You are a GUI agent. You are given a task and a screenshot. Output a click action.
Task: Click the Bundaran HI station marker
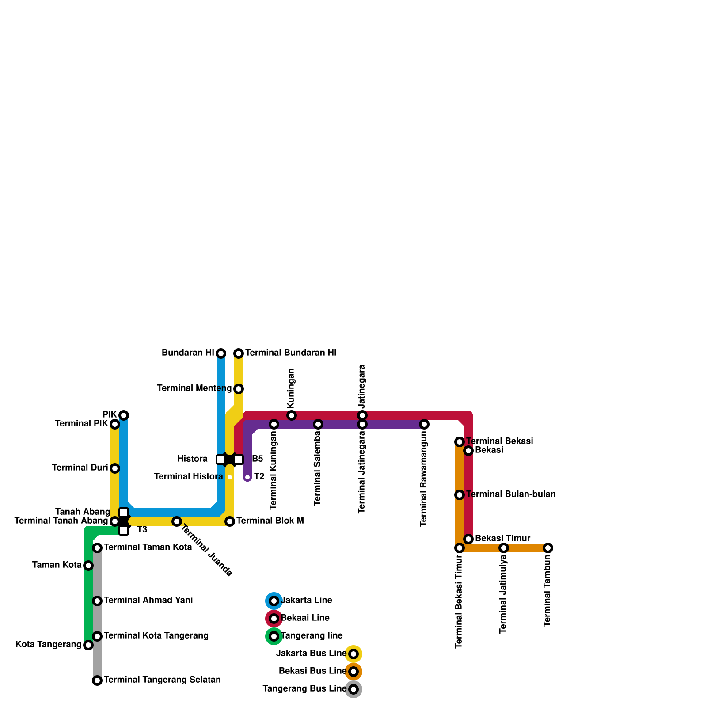click(221, 353)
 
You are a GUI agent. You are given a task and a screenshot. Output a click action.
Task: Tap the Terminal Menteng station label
click(194, 388)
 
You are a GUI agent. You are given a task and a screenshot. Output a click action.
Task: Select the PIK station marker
click(124, 415)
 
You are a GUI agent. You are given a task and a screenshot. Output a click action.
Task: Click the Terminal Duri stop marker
click(115, 468)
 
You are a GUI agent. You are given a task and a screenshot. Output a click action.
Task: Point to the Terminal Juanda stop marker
click(177, 521)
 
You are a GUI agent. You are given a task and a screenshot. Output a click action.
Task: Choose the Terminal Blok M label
click(270, 521)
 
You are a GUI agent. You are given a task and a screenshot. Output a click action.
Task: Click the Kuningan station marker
click(292, 415)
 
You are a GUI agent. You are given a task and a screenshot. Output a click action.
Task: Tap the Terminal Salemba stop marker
click(318, 424)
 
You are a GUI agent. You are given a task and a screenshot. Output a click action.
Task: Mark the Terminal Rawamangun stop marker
click(424, 424)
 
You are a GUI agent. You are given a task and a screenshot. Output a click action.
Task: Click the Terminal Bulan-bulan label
click(511, 494)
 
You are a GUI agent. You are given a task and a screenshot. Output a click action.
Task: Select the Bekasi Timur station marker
click(468, 539)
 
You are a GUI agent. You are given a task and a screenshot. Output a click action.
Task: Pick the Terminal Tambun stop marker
click(548, 548)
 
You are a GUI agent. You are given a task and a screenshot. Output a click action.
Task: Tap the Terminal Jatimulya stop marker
click(504, 548)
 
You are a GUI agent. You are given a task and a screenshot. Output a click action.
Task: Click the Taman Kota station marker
click(88, 566)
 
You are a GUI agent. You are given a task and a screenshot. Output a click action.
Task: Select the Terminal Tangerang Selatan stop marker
click(97, 680)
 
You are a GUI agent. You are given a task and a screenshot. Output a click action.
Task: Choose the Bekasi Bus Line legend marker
click(353, 672)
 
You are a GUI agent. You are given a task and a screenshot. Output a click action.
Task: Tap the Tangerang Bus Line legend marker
click(353, 689)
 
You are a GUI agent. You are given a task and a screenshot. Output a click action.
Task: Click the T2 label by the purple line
click(259, 477)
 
